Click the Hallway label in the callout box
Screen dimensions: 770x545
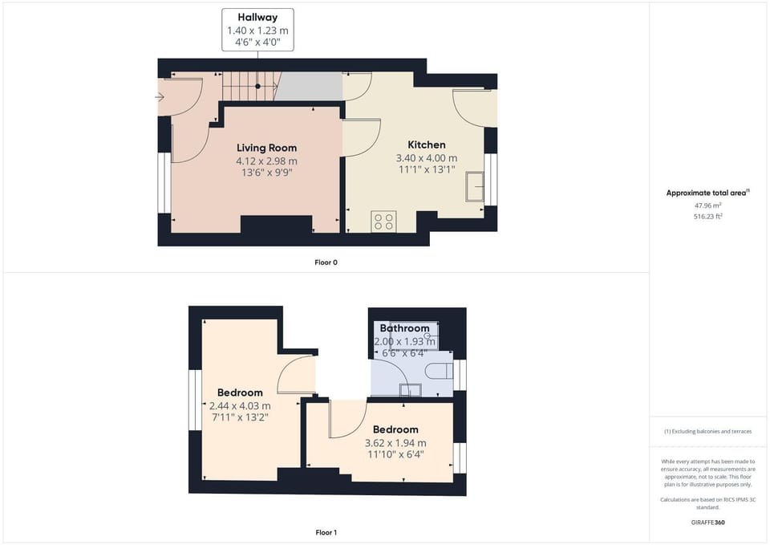point(257,17)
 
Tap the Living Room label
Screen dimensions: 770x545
point(266,148)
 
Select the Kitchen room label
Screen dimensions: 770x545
point(427,145)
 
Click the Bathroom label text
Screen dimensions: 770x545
point(404,327)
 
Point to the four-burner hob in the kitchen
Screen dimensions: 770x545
point(383,222)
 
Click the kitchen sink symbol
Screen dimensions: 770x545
point(474,186)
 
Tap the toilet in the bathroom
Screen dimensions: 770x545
point(439,371)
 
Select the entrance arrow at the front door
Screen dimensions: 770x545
point(160,97)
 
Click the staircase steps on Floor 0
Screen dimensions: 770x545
point(250,86)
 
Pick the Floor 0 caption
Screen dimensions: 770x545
point(326,262)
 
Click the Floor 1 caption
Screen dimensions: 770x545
point(326,532)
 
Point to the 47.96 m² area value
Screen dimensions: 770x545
point(707,205)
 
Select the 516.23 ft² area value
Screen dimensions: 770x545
point(707,216)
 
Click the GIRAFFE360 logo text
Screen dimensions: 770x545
point(707,523)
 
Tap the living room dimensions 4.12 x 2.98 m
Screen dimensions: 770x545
point(266,161)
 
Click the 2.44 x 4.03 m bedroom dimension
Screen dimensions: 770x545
point(240,406)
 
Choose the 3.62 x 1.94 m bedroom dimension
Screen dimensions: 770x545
point(395,443)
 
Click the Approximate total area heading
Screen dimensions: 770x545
point(707,193)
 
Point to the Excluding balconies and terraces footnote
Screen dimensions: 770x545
point(707,432)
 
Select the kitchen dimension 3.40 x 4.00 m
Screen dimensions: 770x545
point(427,158)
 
